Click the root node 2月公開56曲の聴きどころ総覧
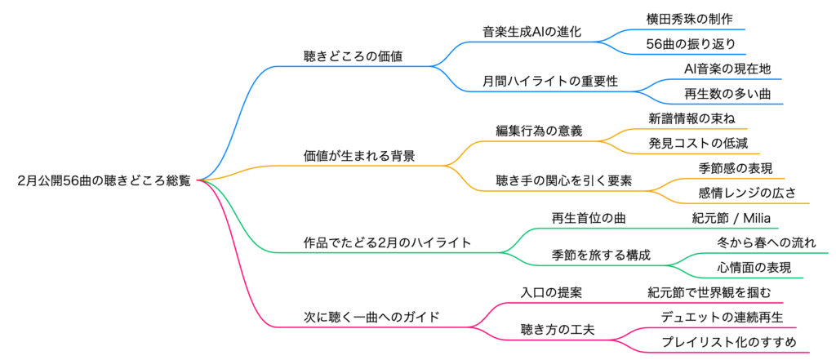[104, 180]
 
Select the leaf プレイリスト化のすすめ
[728, 341]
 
